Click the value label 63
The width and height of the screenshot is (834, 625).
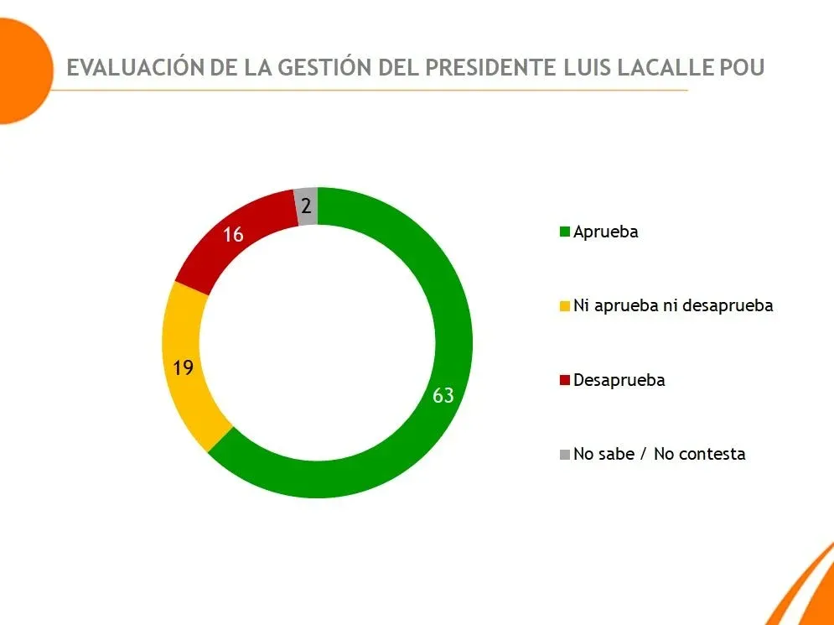(x=443, y=395)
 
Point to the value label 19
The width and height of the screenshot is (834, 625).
(x=184, y=367)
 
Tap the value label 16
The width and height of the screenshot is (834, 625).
(x=233, y=235)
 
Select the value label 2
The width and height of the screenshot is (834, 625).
(x=307, y=206)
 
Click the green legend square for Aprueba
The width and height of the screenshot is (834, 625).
(x=566, y=232)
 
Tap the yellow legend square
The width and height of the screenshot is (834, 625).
(x=566, y=306)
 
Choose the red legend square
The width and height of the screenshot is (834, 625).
(x=566, y=380)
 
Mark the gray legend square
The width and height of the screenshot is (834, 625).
(x=566, y=455)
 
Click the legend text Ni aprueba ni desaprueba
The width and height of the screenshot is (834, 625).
(x=673, y=305)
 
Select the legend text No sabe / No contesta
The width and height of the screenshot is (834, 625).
(x=660, y=454)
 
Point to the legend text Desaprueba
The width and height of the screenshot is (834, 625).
(x=619, y=380)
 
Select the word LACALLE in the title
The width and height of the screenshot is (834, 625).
(x=666, y=68)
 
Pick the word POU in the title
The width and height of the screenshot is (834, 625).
(x=743, y=68)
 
